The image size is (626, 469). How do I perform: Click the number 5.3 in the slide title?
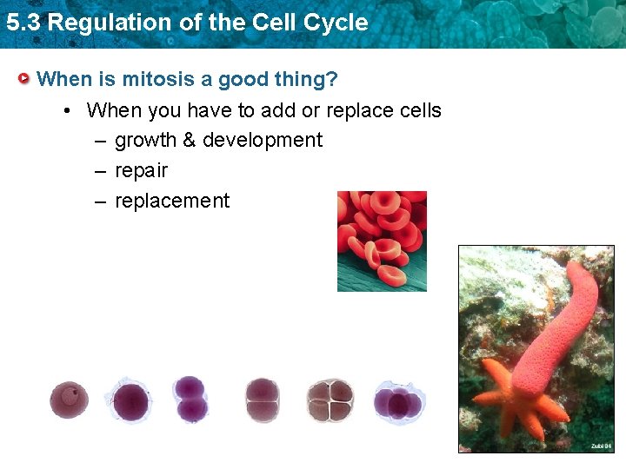[22, 23]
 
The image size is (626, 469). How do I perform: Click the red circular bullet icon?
[26, 79]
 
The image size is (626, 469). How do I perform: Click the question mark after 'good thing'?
[332, 79]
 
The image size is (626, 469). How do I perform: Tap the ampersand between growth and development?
[189, 140]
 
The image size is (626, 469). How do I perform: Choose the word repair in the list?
[141, 170]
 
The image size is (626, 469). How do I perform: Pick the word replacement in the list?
[172, 201]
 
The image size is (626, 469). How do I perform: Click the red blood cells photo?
[382, 241]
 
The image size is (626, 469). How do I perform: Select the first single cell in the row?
[69, 400]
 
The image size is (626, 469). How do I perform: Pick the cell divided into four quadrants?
[330, 400]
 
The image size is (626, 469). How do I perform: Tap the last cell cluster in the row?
[397, 402]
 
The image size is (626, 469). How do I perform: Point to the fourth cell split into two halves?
[262, 400]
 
